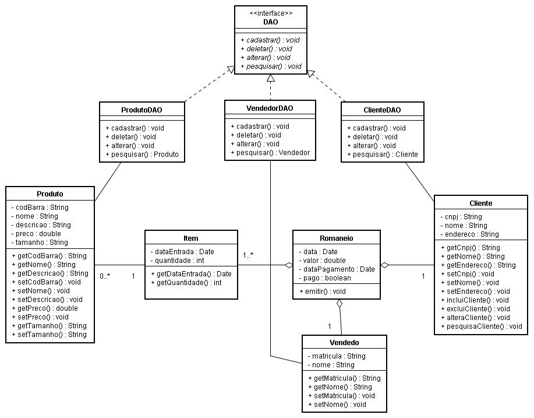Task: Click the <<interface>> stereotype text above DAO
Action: [271, 13]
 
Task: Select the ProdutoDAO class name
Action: [142, 110]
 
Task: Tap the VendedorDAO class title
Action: [270, 108]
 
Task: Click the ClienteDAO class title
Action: [382, 110]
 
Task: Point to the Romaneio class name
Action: [336, 238]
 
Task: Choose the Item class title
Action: [191, 238]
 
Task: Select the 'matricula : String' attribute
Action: [337, 356]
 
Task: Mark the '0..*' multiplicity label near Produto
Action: [105, 276]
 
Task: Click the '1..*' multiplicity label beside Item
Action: [248, 255]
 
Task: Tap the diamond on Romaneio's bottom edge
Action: [339, 303]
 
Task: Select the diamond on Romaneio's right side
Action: [385, 265]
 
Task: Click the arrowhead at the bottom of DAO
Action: [271, 78]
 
